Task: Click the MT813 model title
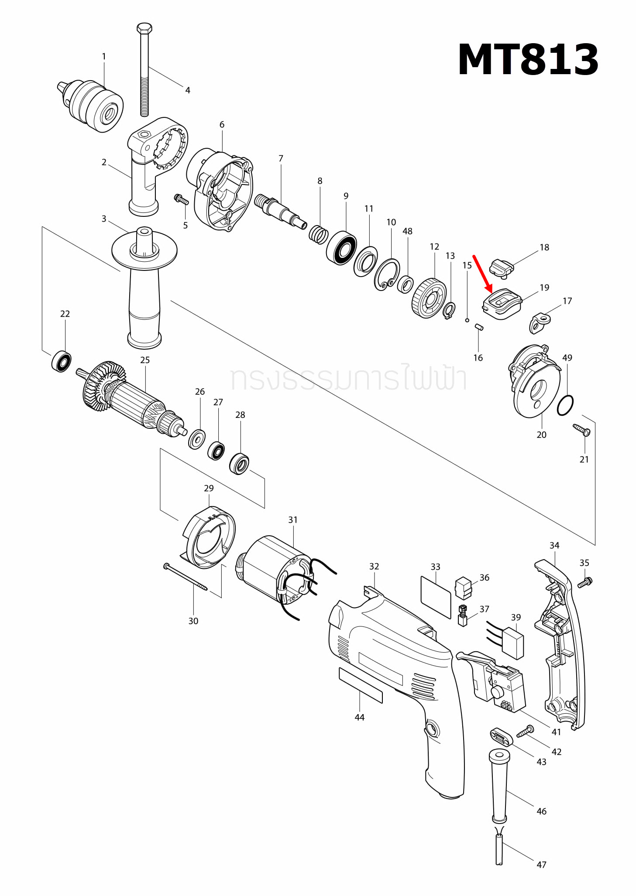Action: (x=528, y=60)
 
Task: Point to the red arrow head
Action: (x=490, y=289)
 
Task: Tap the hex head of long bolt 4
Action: (x=144, y=29)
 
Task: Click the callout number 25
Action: (x=145, y=360)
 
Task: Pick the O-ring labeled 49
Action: (x=565, y=406)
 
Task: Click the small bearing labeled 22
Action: (x=62, y=361)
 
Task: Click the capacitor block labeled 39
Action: (x=513, y=643)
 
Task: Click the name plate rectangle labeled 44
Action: (x=361, y=685)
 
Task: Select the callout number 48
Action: (x=407, y=231)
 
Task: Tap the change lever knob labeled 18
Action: (x=501, y=267)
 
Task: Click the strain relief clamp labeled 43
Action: (x=501, y=738)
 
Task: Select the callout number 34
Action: (x=554, y=545)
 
